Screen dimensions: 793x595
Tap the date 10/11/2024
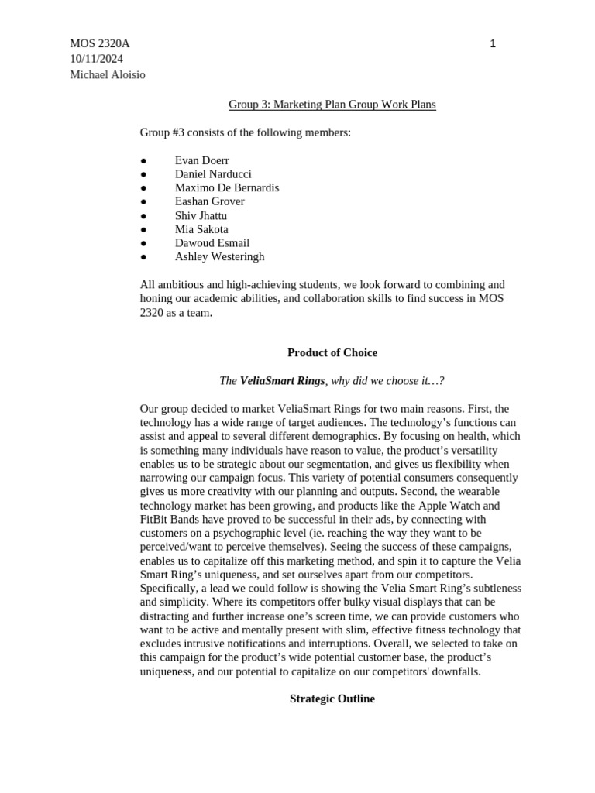96,59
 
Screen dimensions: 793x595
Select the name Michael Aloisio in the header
108,74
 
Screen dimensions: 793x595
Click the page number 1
493,44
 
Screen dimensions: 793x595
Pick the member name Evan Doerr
201,160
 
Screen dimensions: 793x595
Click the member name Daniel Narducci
213,174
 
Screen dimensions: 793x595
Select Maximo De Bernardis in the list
227,188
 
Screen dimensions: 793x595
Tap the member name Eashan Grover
209,201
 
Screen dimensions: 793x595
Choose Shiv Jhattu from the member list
201,215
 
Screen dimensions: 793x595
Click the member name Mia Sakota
201,229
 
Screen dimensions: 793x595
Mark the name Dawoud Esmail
212,243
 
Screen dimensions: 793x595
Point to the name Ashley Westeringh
219,257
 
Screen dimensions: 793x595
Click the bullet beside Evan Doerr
143,161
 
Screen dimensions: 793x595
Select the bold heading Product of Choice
332,353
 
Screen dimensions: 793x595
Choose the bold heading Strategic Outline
332,699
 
